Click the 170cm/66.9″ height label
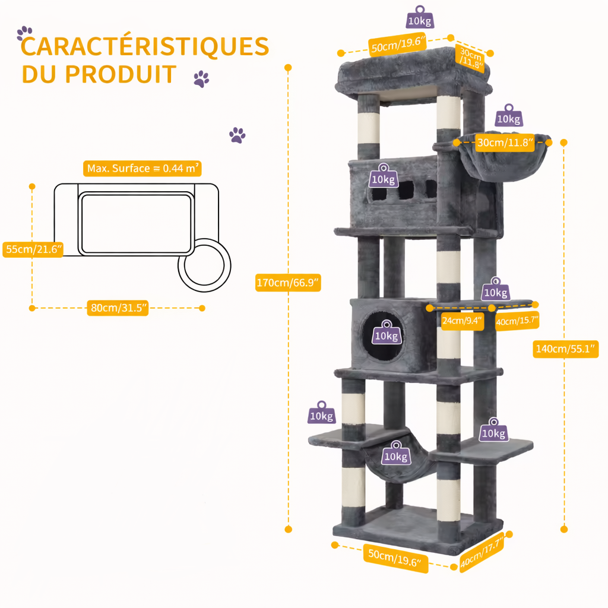[288, 282]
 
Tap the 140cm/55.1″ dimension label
[565, 349]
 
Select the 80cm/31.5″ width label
[118, 308]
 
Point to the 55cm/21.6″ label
[33, 249]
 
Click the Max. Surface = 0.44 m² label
[142, 168]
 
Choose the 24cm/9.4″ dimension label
[462, 321]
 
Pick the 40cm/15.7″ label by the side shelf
[517, 321]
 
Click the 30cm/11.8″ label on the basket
[505, 142]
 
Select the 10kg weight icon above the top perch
[420, 17]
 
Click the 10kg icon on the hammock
[396, 453]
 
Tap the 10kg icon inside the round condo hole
[387, 332]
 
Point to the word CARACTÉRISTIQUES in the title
[145, 46]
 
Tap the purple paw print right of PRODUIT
[201, 79]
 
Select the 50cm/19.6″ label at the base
[395, 558]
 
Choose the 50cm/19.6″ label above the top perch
[398, 44]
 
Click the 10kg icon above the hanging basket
[509, 116]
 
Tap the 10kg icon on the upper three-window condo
[384, 176]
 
